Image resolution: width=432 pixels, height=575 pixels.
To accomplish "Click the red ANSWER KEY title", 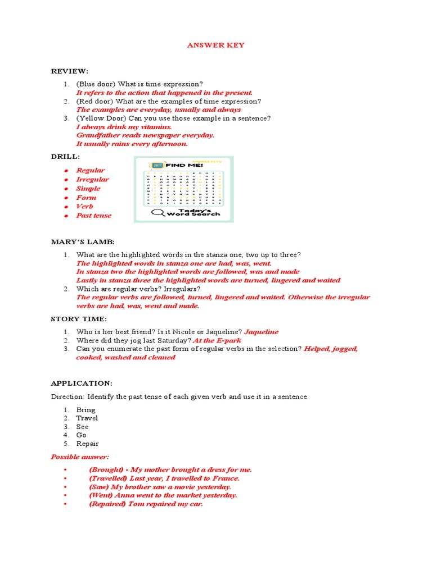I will click(215, 45).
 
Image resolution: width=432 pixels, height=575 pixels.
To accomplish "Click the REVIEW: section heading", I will click(70, 71).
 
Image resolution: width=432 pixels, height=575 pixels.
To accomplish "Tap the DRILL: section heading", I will click(65, 156).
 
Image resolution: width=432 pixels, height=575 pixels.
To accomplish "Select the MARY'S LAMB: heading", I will click(82, 241).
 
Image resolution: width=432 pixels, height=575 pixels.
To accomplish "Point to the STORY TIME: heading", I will click(78, 319).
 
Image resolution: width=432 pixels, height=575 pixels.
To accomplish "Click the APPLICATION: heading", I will click(82, 383).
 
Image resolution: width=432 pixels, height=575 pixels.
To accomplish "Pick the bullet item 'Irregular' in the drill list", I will click(93, 180).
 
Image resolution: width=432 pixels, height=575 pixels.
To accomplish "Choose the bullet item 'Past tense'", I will click(94, 216).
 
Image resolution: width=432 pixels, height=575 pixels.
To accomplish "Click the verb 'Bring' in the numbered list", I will click(86, 410).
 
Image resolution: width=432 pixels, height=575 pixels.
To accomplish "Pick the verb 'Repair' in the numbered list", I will click(87, 444).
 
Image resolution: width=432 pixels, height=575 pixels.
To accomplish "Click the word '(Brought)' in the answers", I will click(106, 469).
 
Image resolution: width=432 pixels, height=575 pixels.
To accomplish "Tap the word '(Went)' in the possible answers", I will click(101, 495).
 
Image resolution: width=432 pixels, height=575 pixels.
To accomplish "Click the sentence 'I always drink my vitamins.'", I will click(124, 127).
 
